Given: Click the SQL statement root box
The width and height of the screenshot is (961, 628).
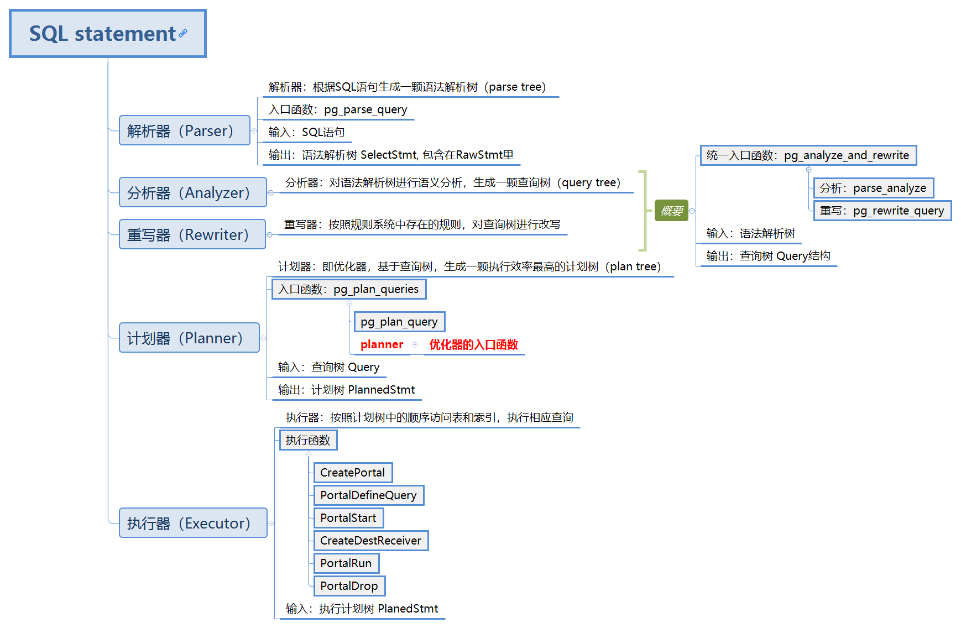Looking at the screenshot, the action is (107, 34).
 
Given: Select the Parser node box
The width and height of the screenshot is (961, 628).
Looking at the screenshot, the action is (184, 130).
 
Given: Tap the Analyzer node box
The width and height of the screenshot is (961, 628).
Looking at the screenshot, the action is (192, 192).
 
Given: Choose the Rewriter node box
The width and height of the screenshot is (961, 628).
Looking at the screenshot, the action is (192, 234).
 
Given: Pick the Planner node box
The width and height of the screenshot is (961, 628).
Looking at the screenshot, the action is (189, 338).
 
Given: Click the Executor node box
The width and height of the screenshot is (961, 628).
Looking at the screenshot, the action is (193, 523).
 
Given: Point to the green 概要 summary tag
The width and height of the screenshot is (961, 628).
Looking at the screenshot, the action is (671, 211).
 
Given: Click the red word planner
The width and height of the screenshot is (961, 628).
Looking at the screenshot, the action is (382, 344).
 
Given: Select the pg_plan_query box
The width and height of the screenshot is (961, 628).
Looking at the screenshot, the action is (399, 322).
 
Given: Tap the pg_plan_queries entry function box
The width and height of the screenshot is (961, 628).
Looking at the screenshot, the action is (348, 289).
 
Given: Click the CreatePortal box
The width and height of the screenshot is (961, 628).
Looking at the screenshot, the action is (353, 473).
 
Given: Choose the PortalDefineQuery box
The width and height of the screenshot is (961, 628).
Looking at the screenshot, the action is (368, 495).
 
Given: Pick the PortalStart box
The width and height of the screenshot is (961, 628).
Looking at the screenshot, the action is (348, 518).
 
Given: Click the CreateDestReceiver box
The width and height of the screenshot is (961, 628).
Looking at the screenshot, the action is (370, 541).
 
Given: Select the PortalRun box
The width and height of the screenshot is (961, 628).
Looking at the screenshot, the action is (346, 563).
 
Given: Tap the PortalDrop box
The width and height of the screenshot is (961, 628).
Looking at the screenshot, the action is (349, 586).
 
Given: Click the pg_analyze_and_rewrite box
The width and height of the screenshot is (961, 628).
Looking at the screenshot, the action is (808, 155).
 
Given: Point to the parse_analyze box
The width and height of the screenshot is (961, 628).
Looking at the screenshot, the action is (873, 188).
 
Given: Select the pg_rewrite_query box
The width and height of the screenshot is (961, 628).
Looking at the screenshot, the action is (882, 211).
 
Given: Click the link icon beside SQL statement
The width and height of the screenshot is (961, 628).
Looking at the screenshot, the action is (183, 33).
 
